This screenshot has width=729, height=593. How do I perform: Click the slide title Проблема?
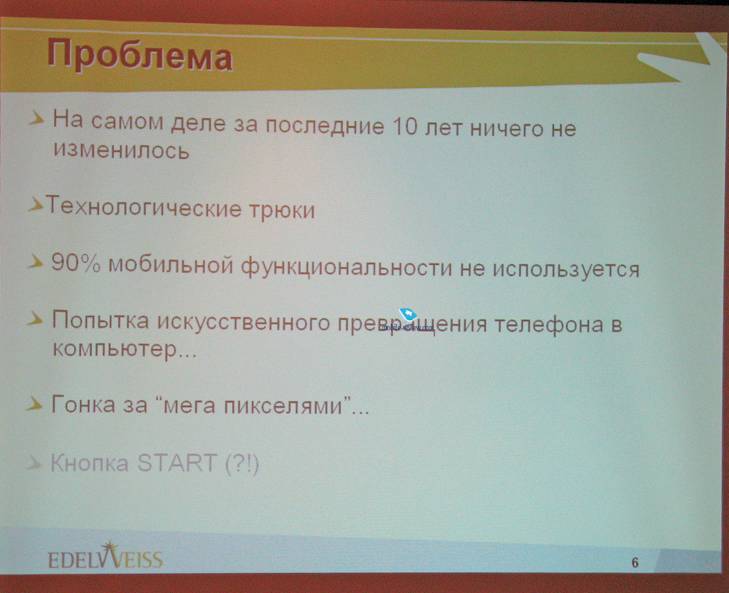coord(140,55)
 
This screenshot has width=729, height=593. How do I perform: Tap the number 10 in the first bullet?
coord(405,126)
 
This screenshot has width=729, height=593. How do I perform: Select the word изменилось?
coord(121,149)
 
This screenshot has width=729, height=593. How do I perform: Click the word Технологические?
coord(143,206)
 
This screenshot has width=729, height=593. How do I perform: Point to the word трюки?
coord(282,209)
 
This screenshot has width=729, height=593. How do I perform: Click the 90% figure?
coord(75,263)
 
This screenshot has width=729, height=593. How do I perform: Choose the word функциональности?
coord(347,267)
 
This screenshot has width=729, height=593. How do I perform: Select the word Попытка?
coord(100,320)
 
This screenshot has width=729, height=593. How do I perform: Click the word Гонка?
coord(83,404)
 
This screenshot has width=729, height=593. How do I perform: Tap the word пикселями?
coord(283,405)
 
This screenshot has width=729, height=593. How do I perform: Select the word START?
coord(177,463)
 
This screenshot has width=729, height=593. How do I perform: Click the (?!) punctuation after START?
coord(242,464)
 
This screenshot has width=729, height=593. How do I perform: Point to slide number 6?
coord(635,563)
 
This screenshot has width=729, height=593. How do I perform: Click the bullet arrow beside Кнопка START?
coord(33,463)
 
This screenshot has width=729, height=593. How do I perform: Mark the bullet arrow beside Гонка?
coord(34,404)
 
